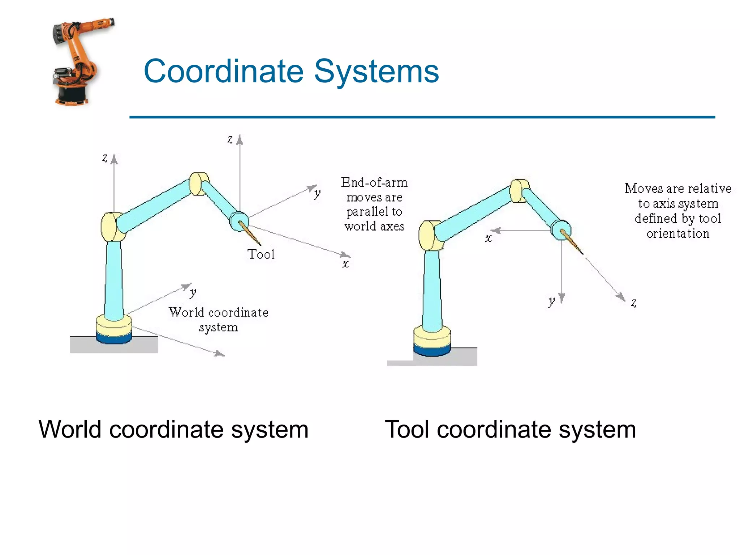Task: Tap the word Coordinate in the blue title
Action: [224, 71]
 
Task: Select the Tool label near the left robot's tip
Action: [261, 254]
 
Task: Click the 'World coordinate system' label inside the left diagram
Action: [218, 319]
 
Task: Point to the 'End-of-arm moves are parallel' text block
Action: [374, 204]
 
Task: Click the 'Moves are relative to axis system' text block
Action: [678, 211]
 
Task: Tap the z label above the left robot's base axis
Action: [105, 158]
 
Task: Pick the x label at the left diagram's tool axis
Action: [345, 264]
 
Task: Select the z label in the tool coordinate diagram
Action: [634, 302]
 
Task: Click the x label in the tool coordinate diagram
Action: [488, 238]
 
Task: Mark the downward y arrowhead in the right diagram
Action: [562, 298]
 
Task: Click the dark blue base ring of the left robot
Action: [114, 339]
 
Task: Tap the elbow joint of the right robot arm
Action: [520, 190]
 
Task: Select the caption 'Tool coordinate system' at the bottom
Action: [510, 430]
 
